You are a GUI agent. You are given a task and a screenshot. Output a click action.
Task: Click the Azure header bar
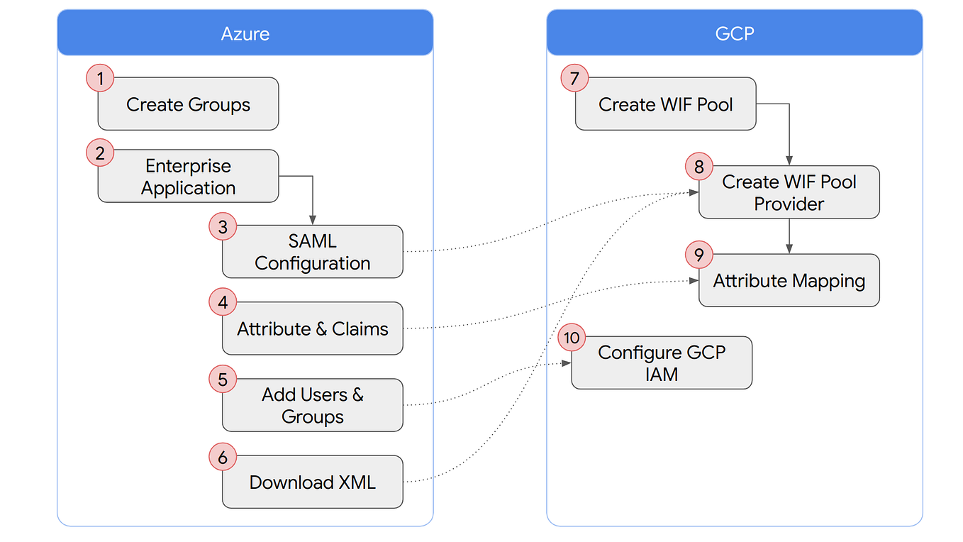[x=245, y=33]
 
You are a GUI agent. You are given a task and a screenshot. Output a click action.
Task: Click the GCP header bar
[x=734, y=33]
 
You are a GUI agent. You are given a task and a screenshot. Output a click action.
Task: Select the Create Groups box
[x=188, y=104]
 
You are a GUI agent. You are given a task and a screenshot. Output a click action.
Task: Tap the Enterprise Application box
[x=188, y=177]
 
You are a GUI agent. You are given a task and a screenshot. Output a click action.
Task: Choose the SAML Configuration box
[x=313, y=252]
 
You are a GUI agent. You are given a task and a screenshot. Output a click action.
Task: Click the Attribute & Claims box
[x=313, y=328]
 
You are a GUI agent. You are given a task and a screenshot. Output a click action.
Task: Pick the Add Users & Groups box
[x=313, y=405]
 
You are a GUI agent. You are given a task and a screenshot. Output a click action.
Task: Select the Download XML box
[x=313, y=482]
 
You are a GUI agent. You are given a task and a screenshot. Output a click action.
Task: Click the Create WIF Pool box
[x=665, y=104]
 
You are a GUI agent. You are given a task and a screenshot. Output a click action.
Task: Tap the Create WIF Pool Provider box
[x=789, y=192]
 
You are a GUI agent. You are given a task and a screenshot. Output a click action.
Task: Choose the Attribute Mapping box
[x=789, y=281]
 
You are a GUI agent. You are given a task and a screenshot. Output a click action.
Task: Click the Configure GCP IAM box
[x=661, y=363]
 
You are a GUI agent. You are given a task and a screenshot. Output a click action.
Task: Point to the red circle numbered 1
[x=101, y=78]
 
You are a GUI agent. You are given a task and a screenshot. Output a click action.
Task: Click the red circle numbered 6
[x=223, y=458]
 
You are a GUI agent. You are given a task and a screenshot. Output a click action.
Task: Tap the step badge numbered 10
[x=572, y=338]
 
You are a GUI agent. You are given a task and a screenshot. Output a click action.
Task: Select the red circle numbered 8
[x=699, y=167]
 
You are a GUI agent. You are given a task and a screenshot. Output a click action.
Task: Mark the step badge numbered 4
[x=223, y=303]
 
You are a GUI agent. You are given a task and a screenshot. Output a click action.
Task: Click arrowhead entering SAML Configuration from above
[x=313, y=221]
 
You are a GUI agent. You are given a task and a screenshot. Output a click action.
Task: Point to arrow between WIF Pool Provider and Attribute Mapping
[x=789, y=236]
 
